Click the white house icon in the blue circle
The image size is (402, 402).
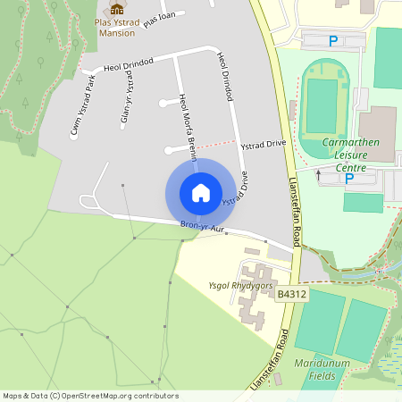[201, 192]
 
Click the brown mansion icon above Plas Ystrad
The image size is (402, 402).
[116, 10]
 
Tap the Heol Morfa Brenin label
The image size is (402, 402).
[187, 125]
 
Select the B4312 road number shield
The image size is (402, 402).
[291, 294]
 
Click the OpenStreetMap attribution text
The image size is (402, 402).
[90, 395]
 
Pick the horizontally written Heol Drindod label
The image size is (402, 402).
[129, 63]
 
